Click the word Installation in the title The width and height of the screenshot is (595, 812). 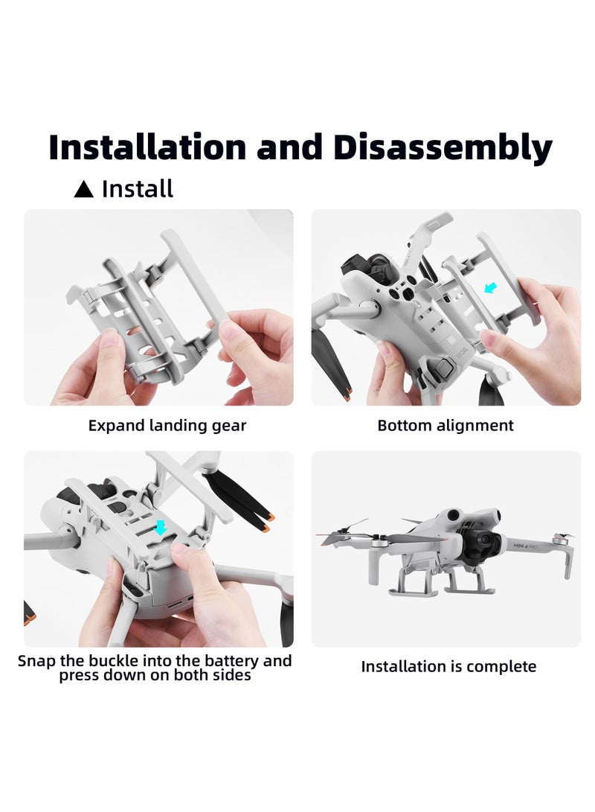[x=147, y=147]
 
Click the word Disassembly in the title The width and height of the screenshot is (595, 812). [x=443, y=147]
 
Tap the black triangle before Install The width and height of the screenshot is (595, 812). [x=84, y=190]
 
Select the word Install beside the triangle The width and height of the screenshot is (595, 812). [x=138, y=189]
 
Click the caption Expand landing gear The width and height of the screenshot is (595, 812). [x=167, y=426]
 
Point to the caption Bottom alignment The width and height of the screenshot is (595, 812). [x=446, y=426]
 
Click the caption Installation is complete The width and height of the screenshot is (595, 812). [x=448, y=666]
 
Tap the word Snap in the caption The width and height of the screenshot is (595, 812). [x=35, y=660]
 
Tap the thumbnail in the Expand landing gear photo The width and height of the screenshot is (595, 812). [x=110, y=342]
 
